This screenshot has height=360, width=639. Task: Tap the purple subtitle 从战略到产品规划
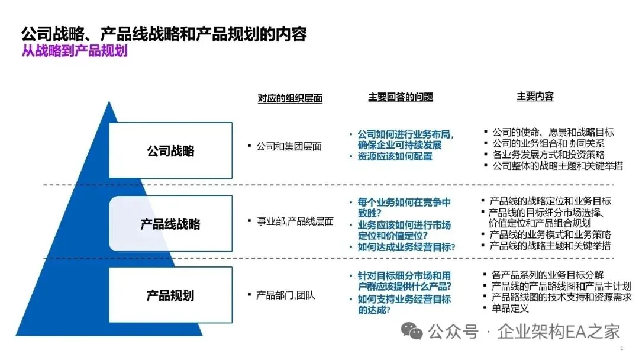click(x=75, y=51)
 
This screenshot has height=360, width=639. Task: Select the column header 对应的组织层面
click(x=290, y=98)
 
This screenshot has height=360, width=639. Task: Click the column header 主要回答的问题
click(x=401, y=97)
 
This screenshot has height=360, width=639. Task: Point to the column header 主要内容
click(x=535, y=97)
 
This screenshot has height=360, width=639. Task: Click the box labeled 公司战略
click(x=170, y=150)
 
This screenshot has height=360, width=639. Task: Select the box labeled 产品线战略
click(x=170, y=224)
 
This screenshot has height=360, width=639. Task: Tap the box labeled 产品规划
click(x=170, y=295)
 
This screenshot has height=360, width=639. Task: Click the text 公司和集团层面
click(x=289, y=146)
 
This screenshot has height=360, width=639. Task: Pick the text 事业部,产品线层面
click(x=295, y=221)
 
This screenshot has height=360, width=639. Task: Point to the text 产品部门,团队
click(x=286, y=295)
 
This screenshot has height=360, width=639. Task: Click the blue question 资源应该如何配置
click(x=395, y=157)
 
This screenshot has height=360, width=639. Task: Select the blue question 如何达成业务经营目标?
click(x=406, y=247)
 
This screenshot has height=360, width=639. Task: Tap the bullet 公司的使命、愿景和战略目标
click(x=553, y=132)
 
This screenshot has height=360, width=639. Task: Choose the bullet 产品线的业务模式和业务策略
click(x=550, y=234)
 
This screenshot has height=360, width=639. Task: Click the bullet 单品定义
click(x=509, y=308)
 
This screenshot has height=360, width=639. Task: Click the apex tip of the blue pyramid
click(x=109, y=103)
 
